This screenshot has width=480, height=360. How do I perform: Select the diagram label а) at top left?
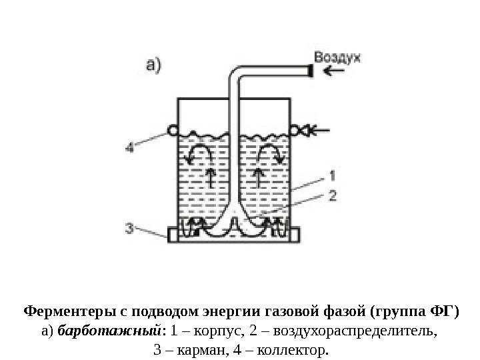[x=153, y=65]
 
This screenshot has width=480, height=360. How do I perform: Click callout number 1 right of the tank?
[x=333, y=175]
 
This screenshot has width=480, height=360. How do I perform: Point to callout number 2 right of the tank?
[x=333, y=195]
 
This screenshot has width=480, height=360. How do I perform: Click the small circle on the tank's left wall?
[x=173, y=130]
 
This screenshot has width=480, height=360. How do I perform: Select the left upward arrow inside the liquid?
[x=211, y=177]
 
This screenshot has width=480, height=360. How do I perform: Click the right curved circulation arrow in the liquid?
[x=272, y=155]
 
